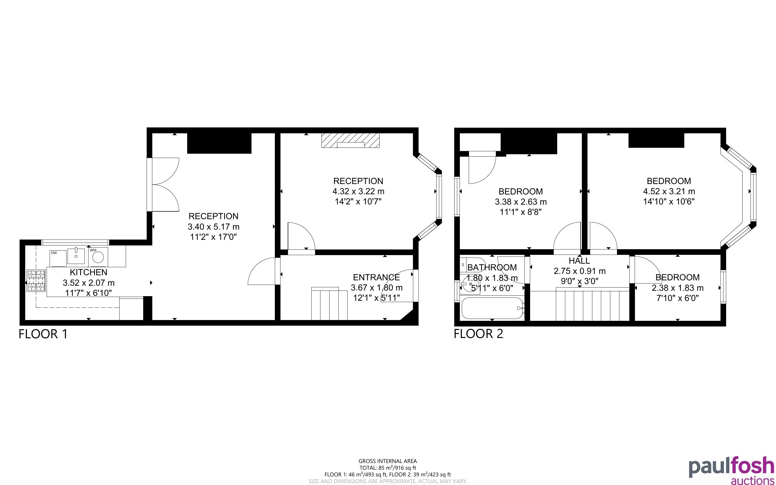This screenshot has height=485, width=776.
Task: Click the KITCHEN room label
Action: point(88,272)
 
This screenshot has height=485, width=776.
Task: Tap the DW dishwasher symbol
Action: point(58,258)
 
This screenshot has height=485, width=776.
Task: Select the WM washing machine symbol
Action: point(98,257)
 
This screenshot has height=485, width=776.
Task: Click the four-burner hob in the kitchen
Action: point(36,281)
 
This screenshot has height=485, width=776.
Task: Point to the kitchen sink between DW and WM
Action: point(76,256)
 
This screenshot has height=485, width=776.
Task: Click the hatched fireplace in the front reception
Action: point(350,140)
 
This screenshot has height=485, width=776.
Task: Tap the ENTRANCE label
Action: point(376,277)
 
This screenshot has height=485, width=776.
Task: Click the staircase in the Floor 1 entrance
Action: point(329,304)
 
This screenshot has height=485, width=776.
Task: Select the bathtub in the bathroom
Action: point(492,308)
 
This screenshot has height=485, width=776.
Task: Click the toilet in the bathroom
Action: point(472,265)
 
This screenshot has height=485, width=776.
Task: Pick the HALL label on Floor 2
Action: point(579,260)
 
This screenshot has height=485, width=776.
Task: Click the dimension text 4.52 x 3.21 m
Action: point(669,192)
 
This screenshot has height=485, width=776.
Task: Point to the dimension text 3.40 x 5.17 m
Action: point(213,227)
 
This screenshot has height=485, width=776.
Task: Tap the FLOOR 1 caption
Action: point(43,334)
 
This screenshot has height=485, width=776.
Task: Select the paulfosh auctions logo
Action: point(731,470)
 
